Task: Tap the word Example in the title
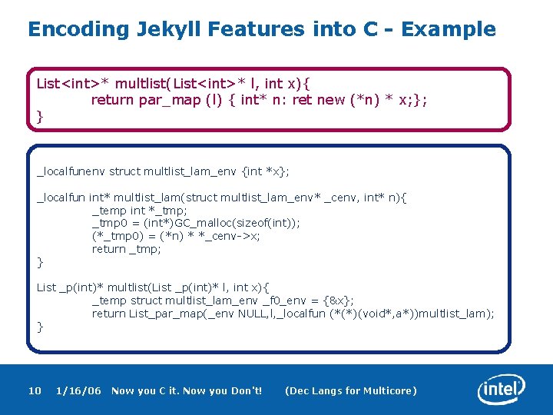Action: pos(449,30)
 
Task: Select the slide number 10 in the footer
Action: pos(35,391)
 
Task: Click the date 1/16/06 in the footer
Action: pos(78,391)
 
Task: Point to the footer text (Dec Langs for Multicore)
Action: pos(351,391)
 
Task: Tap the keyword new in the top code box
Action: pos(331,100)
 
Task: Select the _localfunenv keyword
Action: pos(71,171)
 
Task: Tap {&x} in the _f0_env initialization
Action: pos(337,300)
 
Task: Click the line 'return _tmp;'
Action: pos(127,249)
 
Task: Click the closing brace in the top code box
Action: pos(40,116)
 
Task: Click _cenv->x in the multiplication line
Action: pos(233,236)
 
